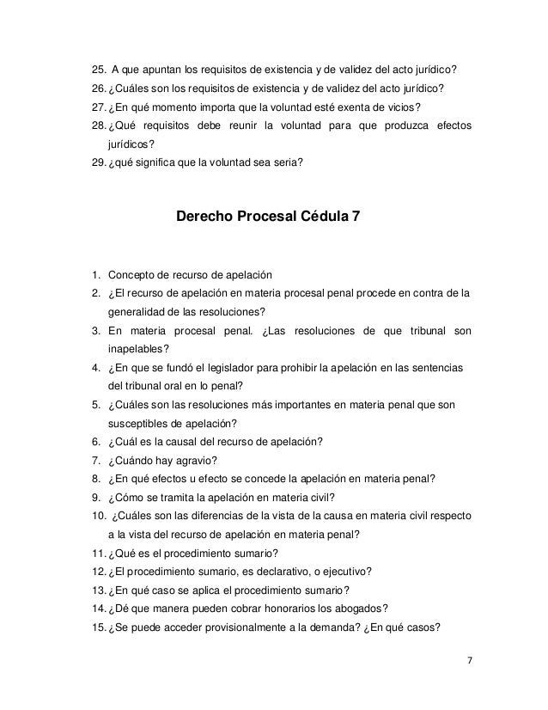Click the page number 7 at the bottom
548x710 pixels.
coord(469,663)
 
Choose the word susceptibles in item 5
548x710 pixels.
coord(137,424)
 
